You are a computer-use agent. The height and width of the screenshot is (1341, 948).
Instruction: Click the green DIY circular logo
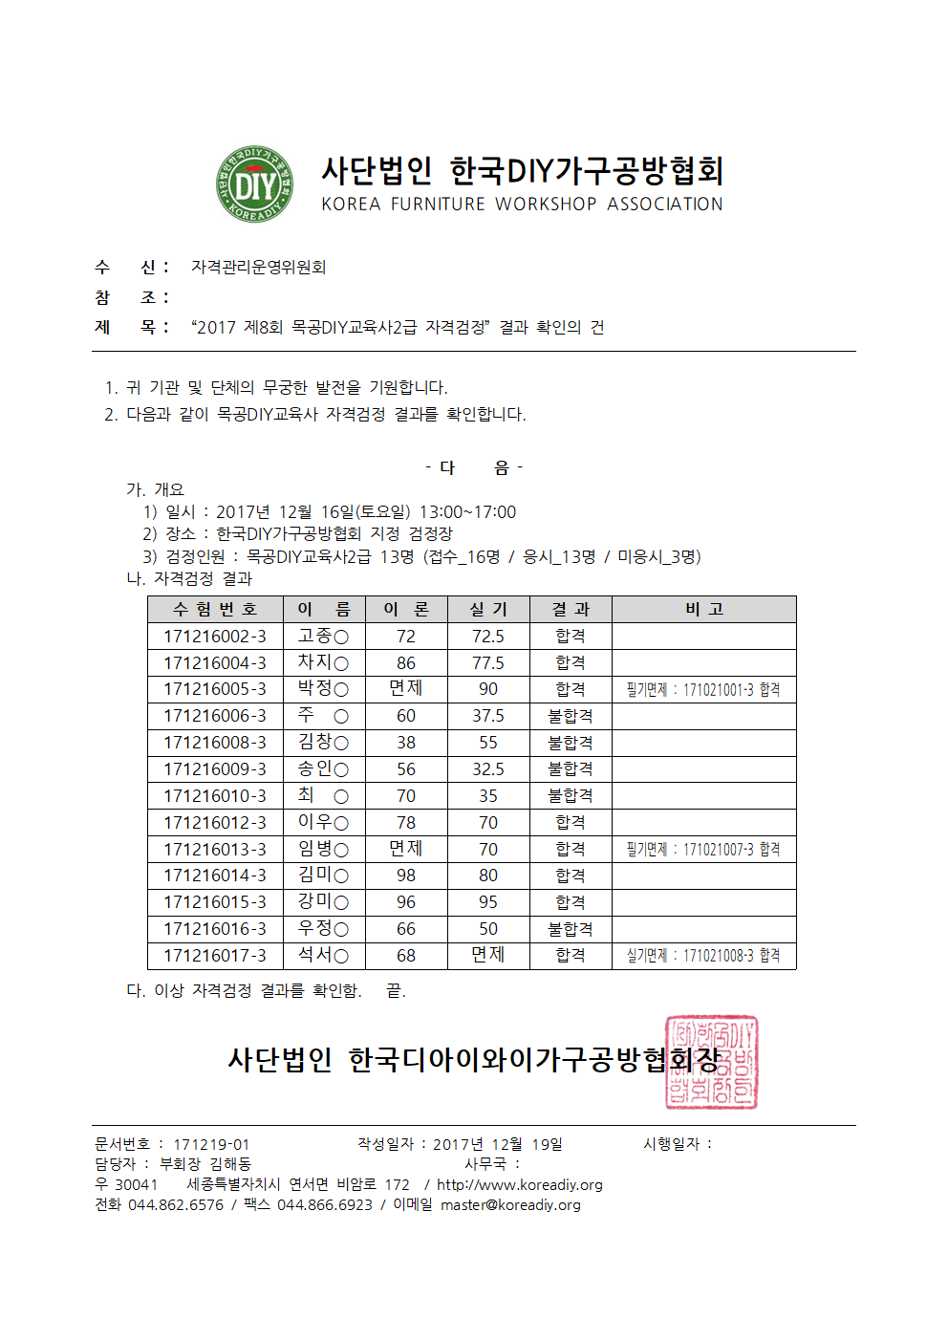coord(254,184)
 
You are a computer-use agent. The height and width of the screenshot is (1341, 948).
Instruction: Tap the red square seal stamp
coord(711,1063)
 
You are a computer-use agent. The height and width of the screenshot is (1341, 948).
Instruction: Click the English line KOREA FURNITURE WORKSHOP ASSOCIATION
coord(522,205)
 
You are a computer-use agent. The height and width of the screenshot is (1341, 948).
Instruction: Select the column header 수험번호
coord(215,610)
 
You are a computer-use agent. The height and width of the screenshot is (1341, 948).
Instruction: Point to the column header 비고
coord(703,610)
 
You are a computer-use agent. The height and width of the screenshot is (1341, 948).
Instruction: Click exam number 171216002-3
coord(215,637)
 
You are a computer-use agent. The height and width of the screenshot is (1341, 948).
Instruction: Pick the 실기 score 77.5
coord(487,663)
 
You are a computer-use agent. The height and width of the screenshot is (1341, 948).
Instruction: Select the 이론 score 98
coord(406,876)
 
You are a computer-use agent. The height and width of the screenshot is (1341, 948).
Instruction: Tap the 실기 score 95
coord(487,902)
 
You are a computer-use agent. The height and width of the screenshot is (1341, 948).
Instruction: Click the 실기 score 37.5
coord(487,716)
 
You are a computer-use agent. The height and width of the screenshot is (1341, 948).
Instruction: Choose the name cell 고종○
coord(323,637)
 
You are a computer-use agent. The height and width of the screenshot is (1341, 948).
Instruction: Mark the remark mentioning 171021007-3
coord(703,850)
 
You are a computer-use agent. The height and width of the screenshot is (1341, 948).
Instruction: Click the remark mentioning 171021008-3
coord(703,956)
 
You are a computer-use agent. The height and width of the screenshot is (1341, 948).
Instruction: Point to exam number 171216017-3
coord(215,956)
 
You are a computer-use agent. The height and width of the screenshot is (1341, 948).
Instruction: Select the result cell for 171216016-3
coord(570,929)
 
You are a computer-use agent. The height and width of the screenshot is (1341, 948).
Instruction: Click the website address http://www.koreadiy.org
coord(520,1185)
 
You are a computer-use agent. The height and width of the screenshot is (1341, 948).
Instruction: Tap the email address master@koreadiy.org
coord(510,1205)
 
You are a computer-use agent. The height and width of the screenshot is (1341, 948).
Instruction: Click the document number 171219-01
coord(211,1144)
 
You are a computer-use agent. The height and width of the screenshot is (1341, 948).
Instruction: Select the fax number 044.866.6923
coord(325,1205)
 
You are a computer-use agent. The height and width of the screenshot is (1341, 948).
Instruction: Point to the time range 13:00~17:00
coord(467,512)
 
